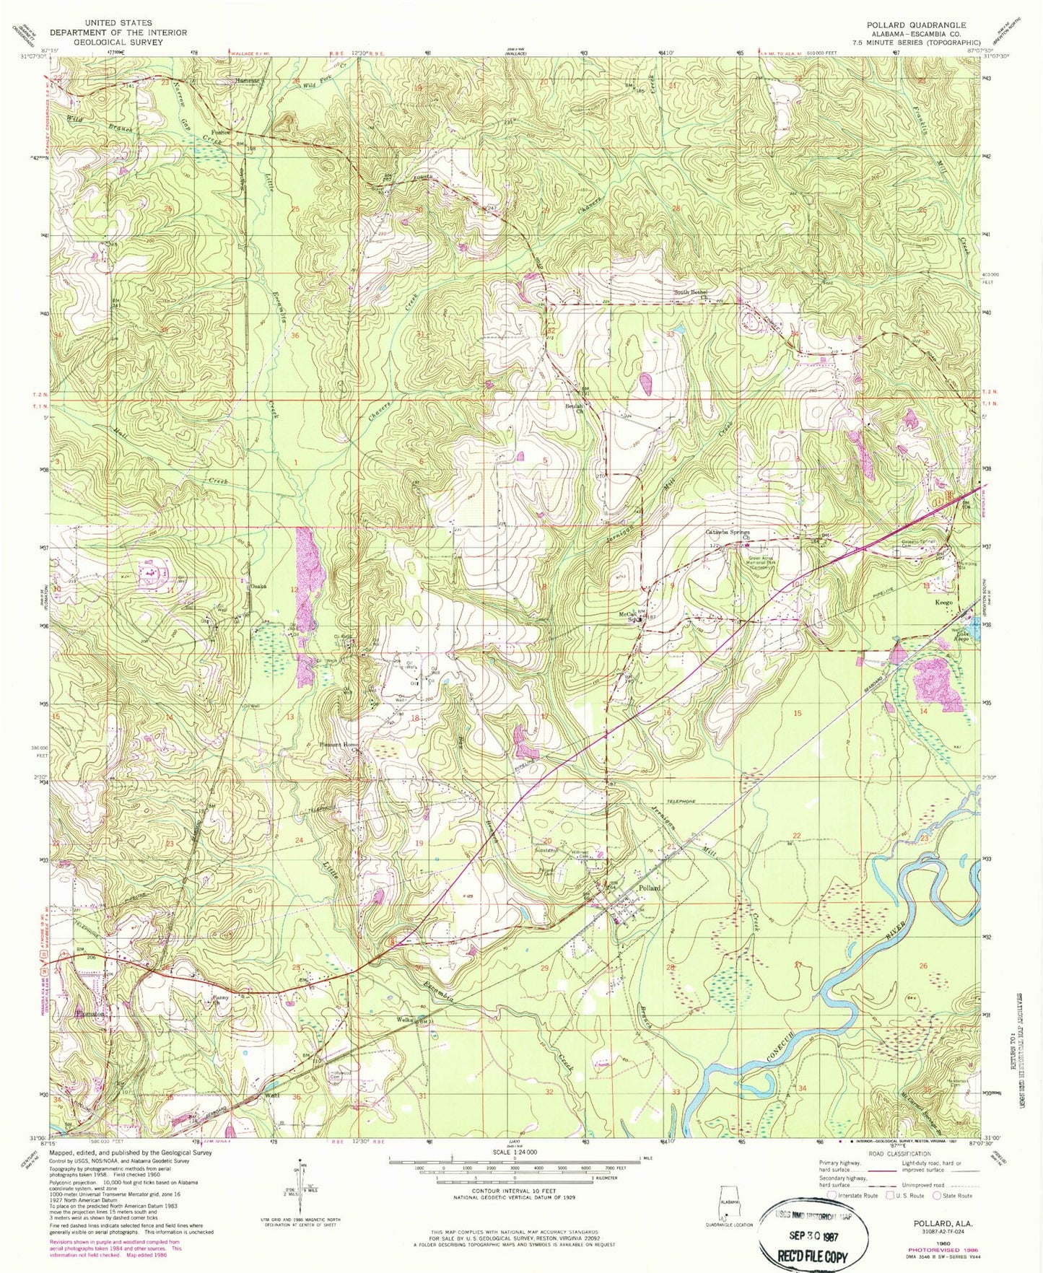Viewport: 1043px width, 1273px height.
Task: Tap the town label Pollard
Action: point(650,888)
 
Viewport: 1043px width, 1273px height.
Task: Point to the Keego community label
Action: point(945,602)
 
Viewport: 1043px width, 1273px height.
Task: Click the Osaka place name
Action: point(258,586)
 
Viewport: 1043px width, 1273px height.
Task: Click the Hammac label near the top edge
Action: point(247,82)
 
